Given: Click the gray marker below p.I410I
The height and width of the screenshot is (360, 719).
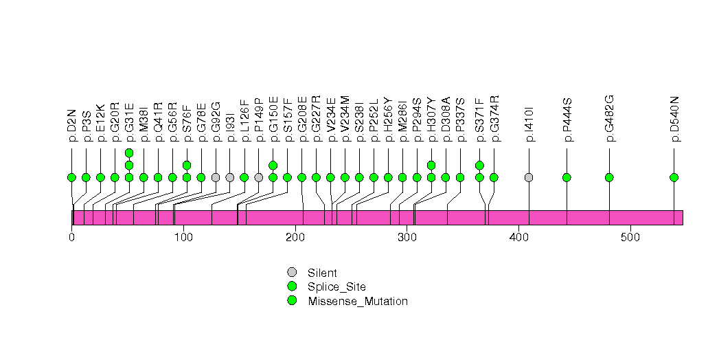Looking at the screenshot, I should tap(529, 177).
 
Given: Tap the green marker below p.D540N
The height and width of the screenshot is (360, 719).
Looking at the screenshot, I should tap(674, 177).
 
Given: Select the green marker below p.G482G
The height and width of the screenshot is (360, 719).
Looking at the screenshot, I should tap(609, 177).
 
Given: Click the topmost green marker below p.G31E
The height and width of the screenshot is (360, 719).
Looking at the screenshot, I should tap(129, 153).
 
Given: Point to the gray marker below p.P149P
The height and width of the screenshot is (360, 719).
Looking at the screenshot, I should tap(258, 177).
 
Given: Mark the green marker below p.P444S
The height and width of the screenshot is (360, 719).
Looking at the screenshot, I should tap(567, 177).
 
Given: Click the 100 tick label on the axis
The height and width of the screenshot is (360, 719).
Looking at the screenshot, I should tap(183, 238).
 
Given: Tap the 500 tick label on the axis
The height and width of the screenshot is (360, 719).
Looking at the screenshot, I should tap(630, 238).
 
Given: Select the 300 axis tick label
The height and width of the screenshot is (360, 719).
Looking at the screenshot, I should tap(407, 238).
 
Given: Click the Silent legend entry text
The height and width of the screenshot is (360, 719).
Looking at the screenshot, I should tap(322, 273).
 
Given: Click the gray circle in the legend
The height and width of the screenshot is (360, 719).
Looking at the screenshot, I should tap(292, 273).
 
